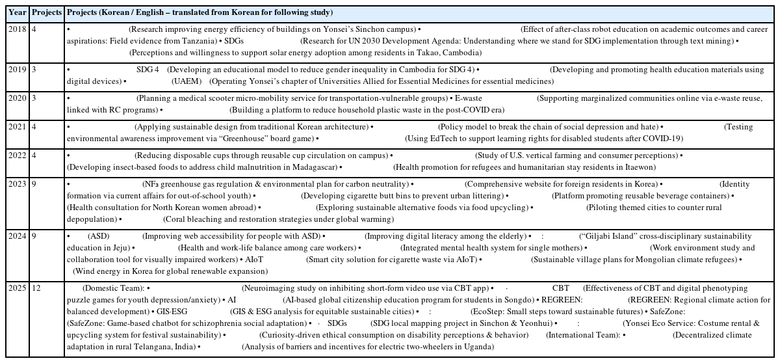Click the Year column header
18,13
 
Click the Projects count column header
47,13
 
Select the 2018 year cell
18,30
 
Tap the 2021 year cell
18,128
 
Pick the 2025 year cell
18,288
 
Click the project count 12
36,288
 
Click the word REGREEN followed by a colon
562,300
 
